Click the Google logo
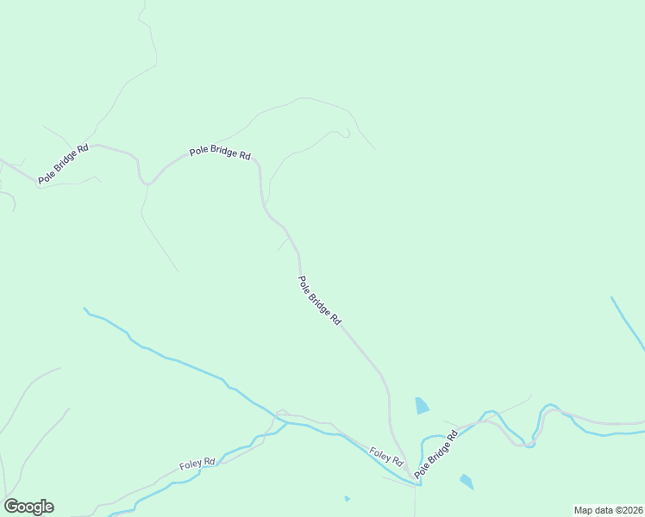[x=29, y=507]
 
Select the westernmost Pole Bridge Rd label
[x=63, y=164]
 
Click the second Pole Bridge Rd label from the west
[x=220, y=153]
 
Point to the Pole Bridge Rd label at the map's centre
[x=319, y=300]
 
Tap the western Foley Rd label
[x=197, y=464]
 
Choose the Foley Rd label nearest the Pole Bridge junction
[x=385, y=456]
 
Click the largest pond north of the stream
[x=422, y=406]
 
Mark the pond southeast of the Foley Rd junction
[x=467, y=482]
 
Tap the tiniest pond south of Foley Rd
[x=347, y=498]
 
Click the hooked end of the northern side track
[x=347, y=132]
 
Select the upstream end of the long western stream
[x=85, y=308]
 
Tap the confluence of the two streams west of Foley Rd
[x=284, y=422]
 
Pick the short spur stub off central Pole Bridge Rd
[x=282, y=246]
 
